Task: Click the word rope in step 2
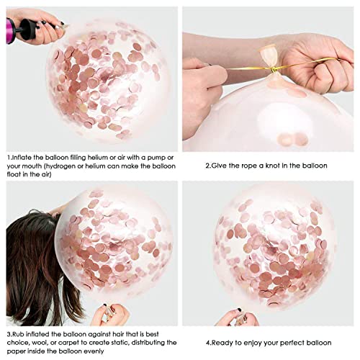pos(232,166)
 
